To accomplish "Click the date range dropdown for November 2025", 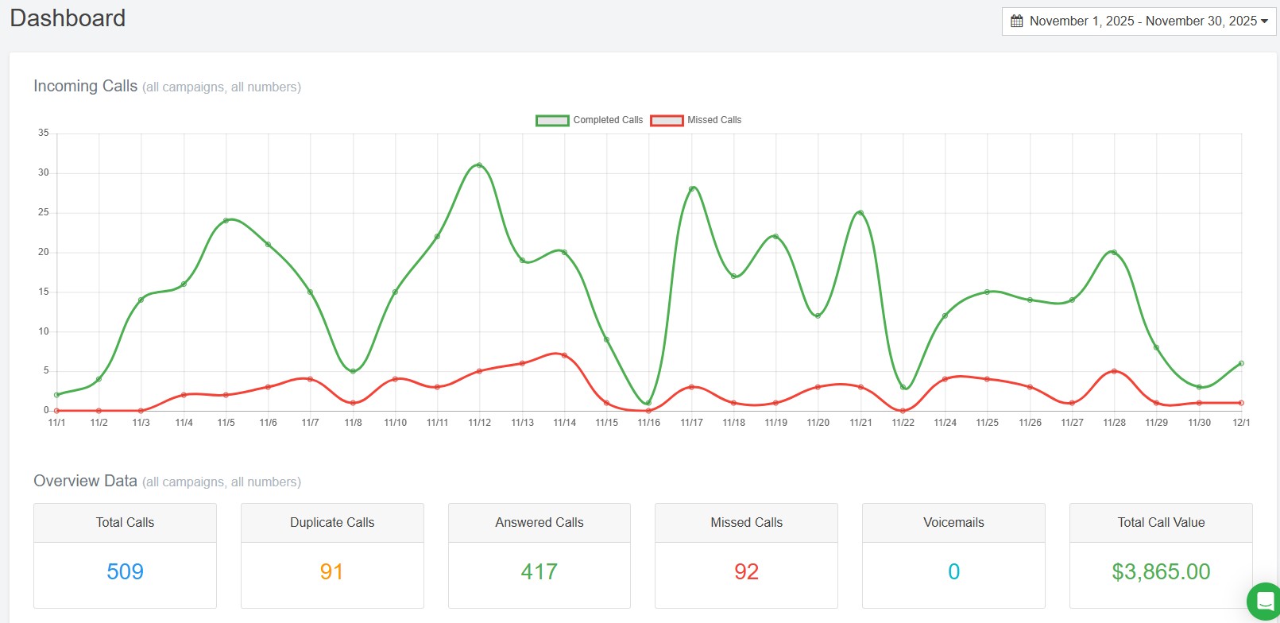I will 1139,21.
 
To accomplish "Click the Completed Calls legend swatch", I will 552,120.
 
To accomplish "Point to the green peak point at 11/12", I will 479,165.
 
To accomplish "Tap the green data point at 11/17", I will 692,189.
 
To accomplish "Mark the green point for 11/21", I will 860,213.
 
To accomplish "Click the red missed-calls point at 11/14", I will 564,355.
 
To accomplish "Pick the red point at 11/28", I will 1114,371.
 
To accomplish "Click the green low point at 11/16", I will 648,403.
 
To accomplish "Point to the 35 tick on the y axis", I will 44,133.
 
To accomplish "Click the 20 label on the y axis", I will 44,252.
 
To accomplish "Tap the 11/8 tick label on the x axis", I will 353,423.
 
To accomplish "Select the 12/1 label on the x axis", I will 1240,423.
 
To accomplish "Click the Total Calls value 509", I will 125,572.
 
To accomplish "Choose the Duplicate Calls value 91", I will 331,572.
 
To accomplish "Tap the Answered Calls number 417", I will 539,572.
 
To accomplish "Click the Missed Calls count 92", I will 746,572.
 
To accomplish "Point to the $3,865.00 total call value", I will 1160,572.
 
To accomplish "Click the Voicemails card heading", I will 953,523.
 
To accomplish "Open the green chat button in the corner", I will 1264,602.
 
